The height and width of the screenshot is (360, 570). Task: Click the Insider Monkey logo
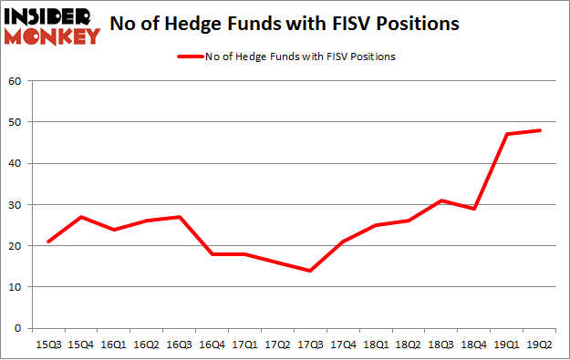pyautogui.click(x=51, y=26)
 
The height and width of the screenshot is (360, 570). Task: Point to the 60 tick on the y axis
pyautogui.click(x=16, y=81)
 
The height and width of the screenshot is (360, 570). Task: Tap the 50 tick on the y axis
pyautogui.click(x=16, y=122)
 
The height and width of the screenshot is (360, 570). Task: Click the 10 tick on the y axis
pyautogui.click(x=16, y=287)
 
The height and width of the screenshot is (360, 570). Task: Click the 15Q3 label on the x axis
pyautogui.click(x=47, y=345)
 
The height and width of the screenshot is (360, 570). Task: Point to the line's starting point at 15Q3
pyautogui.click(x=47, y=242)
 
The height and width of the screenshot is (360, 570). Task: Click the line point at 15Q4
pyautogui.click(x=81, y=217)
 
